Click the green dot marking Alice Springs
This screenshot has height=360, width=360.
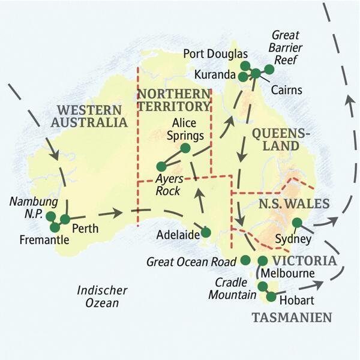185,148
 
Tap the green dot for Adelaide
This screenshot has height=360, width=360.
206,232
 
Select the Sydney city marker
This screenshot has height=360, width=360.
296,223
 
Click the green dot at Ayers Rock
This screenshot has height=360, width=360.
161,166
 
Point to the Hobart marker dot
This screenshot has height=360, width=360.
271,296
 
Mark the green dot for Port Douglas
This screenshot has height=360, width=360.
244,65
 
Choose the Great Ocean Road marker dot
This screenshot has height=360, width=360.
245,260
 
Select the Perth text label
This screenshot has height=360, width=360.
85,229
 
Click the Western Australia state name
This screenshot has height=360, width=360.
92,116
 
